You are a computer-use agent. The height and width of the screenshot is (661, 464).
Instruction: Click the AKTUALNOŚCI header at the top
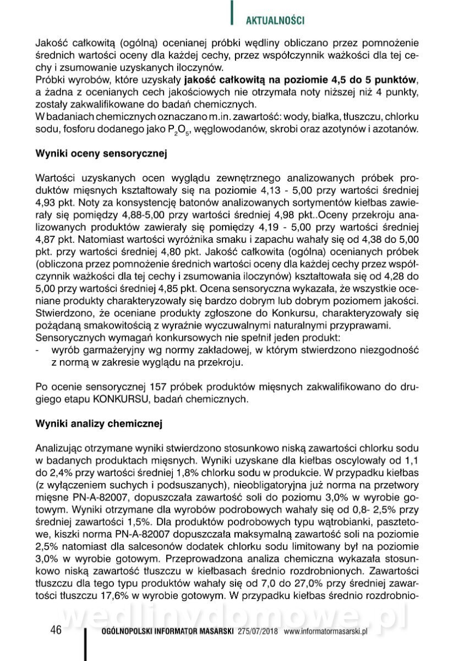[x=275, y=20]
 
